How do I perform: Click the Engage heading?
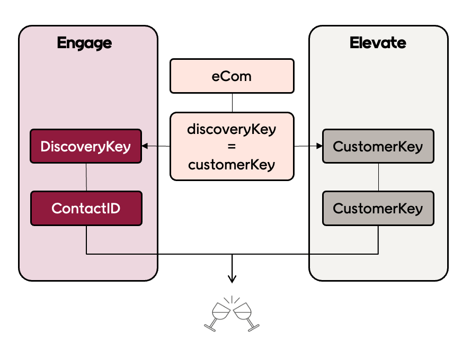tap(84, 43)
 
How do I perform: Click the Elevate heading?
tap(378, 43)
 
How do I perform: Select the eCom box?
tap(232, 76)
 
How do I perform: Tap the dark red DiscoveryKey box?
tap(86, 146)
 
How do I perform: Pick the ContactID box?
tap(86, 208)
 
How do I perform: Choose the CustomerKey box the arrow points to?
tap(378, 146)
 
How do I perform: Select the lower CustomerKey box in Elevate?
tap(378, 208)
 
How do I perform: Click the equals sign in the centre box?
tap(232, 147)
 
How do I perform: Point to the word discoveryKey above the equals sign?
tap(232, 130)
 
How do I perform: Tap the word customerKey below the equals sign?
tap(232, 164)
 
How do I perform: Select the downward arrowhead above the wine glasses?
tap(232, 278)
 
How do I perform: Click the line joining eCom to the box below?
tap(232, 103)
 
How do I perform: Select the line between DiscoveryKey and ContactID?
tap(86, 177)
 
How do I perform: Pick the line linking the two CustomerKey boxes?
tap(378, 177)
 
